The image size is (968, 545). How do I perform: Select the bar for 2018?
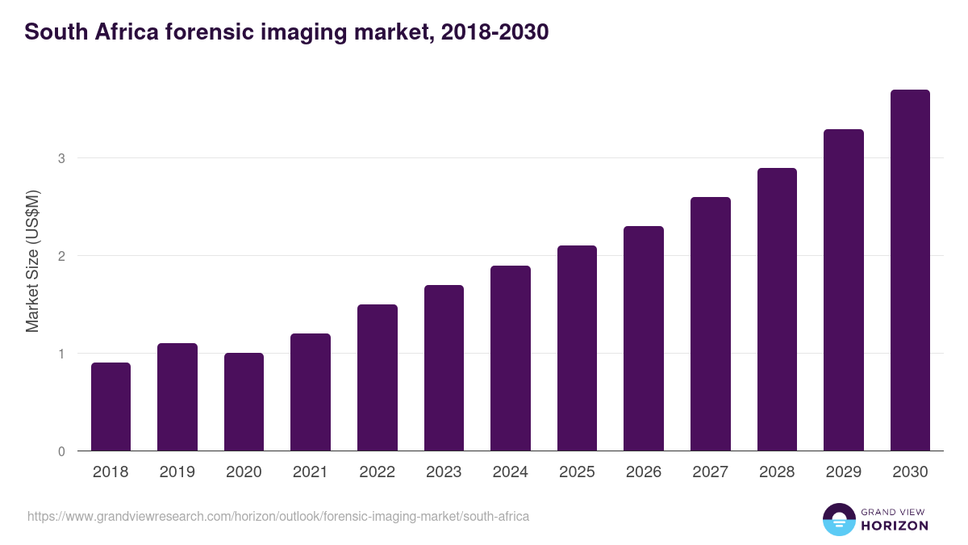(111, 407)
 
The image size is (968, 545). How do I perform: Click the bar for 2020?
(244, 402)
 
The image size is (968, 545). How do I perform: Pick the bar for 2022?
(378, 378)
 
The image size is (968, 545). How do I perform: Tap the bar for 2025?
(577, 348)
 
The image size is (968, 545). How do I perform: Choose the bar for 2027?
(711, 324)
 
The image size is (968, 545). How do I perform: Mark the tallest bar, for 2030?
(910, 270)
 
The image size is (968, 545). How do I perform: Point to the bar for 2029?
(844, 290)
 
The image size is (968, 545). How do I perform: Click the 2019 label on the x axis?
(177, 472)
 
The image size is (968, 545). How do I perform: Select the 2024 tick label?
(510, 472)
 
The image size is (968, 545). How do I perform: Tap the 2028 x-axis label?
(777, 472)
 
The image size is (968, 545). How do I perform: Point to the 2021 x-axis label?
(311, 472)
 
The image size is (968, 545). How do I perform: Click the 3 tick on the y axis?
(61, 158)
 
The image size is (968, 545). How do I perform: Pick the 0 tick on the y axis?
(61, 451)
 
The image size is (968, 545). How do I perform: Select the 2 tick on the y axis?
(61, 256)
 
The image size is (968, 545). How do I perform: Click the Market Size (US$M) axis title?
(32, 262)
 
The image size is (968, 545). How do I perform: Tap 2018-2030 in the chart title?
(496, 32)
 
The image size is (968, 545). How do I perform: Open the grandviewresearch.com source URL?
(278, 516)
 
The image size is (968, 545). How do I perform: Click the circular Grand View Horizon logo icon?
(838, 519)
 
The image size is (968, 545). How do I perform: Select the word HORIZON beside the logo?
(895, 526)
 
